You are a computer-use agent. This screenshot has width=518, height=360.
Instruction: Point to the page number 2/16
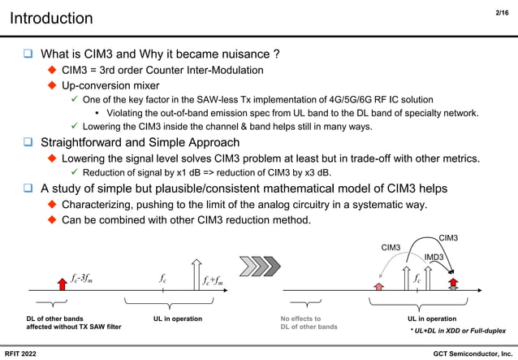pos(501,12)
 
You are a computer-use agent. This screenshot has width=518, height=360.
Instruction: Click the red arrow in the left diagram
pos(62,282)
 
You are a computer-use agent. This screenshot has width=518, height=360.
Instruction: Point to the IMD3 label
pos(434,258)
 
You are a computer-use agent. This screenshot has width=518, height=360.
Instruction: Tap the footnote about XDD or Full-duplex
pos(457,332)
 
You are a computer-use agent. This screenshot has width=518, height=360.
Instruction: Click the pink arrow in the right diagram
pos(378,284)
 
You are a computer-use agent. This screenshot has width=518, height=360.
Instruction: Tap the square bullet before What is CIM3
pos(28,54)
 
